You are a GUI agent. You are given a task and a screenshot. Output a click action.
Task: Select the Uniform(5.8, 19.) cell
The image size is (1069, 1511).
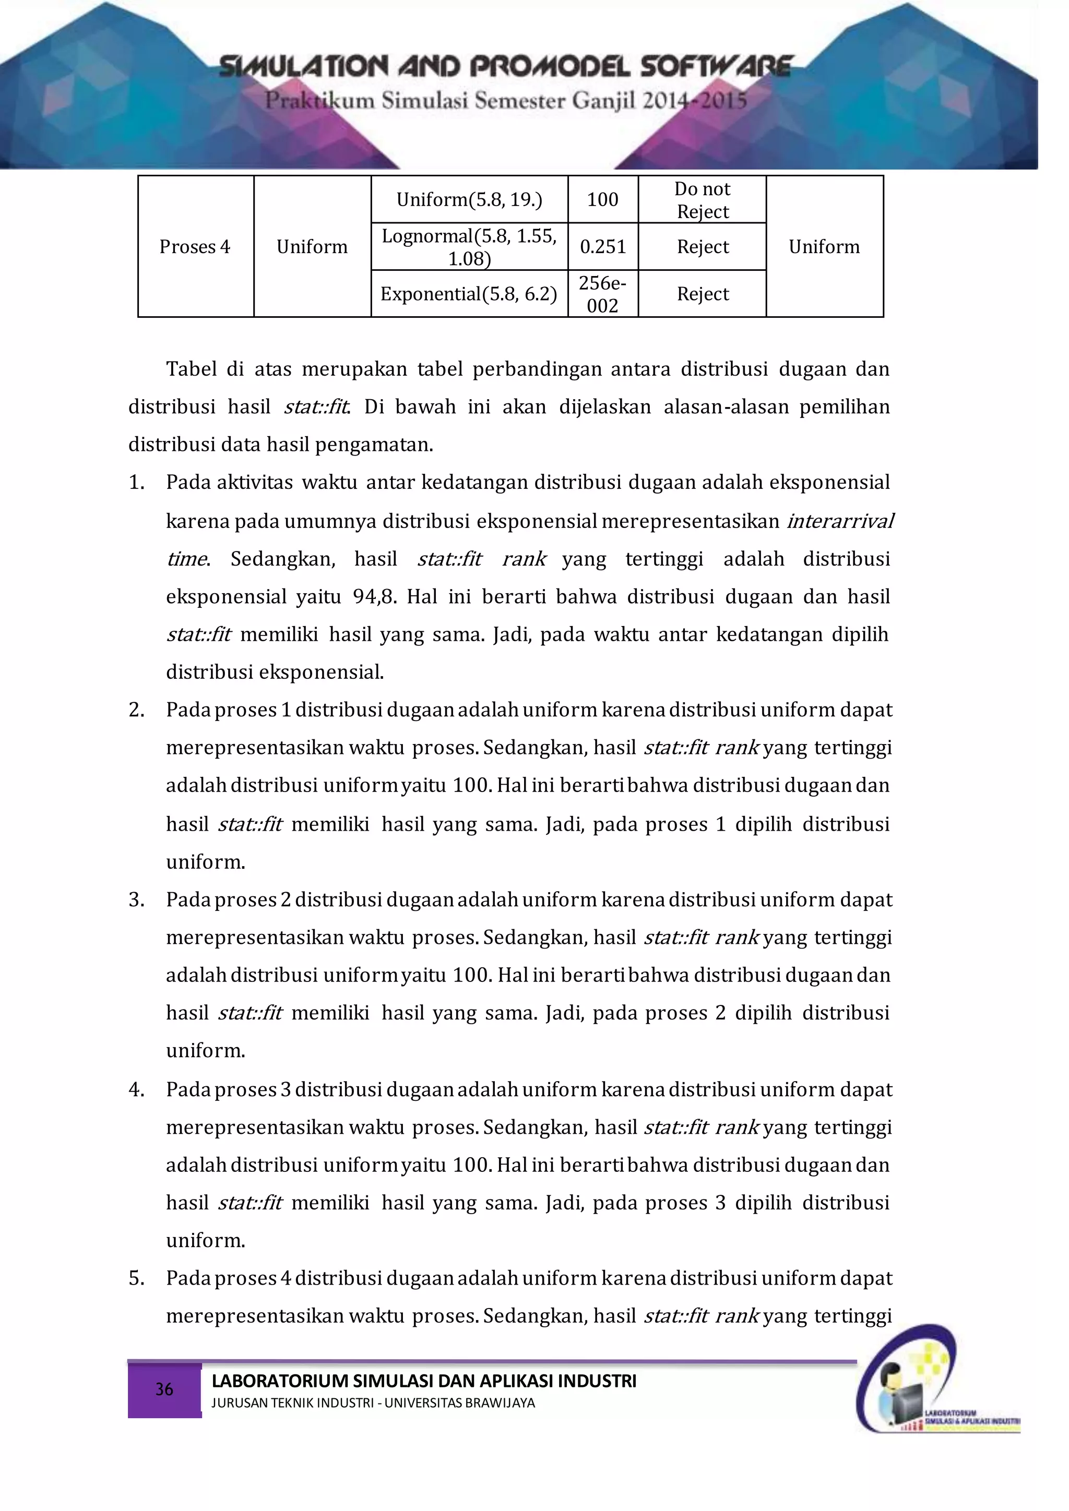point(469,199)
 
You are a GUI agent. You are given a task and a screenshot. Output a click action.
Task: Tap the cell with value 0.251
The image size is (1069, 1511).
point(602,247)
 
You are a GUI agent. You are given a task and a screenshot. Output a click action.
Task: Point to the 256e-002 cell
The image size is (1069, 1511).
point(602,294)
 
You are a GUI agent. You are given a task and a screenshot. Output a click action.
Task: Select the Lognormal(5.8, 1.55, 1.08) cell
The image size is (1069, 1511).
point(469,247)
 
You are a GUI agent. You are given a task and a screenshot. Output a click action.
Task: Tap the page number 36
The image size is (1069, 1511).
point(164,1390)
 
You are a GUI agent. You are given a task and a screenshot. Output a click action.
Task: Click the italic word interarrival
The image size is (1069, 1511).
point(840,521)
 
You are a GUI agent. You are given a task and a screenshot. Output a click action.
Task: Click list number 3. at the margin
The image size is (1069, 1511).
point(136,900)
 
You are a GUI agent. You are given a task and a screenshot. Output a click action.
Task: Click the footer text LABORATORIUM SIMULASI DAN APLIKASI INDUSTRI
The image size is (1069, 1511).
point(423,1381)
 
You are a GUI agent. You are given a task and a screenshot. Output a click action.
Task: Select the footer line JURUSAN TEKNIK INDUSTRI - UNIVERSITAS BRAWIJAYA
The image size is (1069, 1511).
point(373,1403)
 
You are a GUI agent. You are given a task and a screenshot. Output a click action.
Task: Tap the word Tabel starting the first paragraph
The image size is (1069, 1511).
point(191,369)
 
